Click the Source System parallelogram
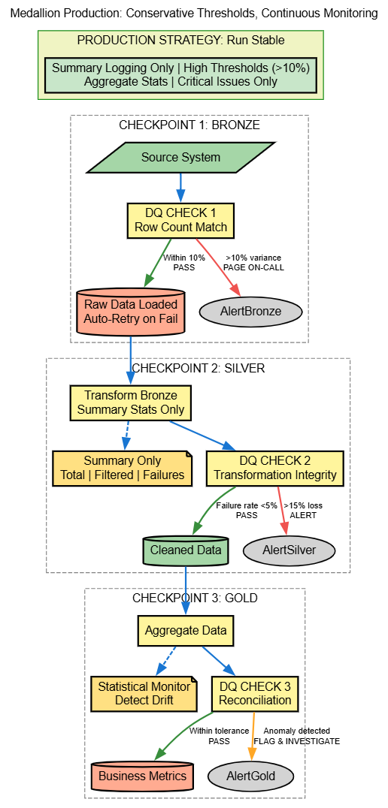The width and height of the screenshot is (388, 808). [x=180, y=158]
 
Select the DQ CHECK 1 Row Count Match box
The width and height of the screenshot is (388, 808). [x=180, y=220]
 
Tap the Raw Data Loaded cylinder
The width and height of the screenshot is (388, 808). [x=131, y=311]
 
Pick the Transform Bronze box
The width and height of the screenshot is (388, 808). [x=130, y=402]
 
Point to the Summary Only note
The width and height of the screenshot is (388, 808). [x=122, y=468]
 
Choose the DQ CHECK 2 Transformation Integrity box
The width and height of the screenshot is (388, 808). [x=274, y=468]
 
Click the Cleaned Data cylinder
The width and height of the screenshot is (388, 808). [x=186, y=550]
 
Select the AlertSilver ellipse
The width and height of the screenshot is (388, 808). [x=289, y=550]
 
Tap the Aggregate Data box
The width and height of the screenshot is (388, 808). [x=185, y=631]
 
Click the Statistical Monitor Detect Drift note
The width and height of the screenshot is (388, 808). [x=144, y=693]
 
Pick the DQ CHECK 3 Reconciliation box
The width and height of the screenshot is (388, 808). [x=255, y=693]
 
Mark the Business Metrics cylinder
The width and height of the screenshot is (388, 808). [x=142, y=776]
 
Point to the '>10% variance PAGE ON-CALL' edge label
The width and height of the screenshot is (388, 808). [x=253, y=262]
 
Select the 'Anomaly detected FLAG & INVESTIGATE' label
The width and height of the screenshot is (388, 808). [x=296, y=736]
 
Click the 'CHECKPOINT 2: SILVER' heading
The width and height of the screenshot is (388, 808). [x=198, y=369]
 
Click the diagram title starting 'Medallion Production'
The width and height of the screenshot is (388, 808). [x=194, y=14]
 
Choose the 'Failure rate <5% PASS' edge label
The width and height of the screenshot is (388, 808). [x=247, y=510]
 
